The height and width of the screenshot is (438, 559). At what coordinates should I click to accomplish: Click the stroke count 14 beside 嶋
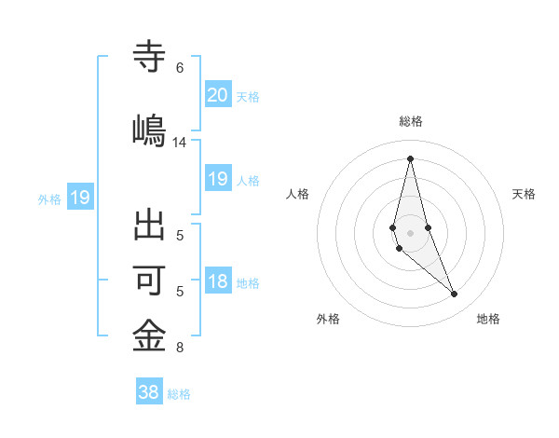pos(180,143)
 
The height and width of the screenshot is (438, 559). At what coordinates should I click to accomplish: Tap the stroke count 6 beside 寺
pos(180,68)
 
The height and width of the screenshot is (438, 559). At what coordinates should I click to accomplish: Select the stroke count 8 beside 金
pos(180,349)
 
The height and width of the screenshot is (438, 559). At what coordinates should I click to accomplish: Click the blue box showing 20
pos(218,94)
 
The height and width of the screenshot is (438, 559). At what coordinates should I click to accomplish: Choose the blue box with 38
pos(149,392)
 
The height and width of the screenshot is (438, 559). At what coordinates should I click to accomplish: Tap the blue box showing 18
pos(218,281)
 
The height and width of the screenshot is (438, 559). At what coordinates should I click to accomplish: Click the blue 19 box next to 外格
pos(79,197)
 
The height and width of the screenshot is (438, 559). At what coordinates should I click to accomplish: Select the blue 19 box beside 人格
pos(218,179)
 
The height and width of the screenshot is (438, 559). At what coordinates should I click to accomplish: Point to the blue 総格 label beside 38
pos(179,394)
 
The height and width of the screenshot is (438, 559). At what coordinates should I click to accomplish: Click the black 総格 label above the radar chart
pos(411,121)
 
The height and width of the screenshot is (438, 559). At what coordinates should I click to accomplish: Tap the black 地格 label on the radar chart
pos(488,319)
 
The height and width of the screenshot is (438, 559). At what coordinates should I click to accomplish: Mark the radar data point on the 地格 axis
pos(455,294)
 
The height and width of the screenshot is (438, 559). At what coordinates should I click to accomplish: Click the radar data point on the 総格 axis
pos(410,157)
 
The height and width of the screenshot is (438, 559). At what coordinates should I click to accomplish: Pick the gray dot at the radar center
pos(410,219)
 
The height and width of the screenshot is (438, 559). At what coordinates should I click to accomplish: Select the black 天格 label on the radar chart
pos(524,194)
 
